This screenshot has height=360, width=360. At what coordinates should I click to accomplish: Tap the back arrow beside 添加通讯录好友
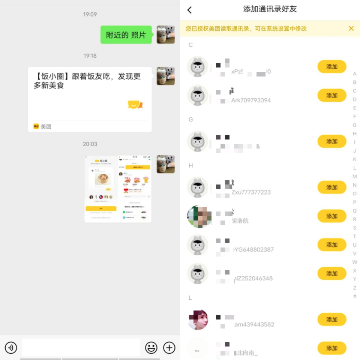point(190,10)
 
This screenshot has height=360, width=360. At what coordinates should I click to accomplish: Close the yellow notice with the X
point(351,28)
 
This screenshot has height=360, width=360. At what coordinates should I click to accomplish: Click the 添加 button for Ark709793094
point(331,96)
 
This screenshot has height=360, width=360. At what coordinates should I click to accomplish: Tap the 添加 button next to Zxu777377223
point(331,187)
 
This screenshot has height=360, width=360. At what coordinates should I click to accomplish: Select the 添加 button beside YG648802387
point(331,245)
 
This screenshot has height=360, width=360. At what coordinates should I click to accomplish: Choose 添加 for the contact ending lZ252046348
point(331,274)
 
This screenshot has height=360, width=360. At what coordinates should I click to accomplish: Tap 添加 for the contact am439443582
point(331,320)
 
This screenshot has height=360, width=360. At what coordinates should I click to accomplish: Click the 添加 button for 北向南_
point(331,348)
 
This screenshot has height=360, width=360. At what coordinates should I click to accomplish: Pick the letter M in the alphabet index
point(354,177)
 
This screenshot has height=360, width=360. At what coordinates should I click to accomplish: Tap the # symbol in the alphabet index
point(354,297)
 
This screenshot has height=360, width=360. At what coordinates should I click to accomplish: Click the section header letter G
point(191,120)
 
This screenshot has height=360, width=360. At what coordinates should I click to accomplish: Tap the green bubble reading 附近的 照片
point(126,35)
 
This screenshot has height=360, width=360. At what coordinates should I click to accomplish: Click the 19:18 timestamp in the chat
point(90,56)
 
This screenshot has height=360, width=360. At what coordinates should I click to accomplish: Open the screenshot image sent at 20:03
point(118,189)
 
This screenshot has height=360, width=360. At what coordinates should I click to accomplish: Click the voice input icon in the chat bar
point(11,348)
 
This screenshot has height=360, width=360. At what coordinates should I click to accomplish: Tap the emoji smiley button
point(151,348)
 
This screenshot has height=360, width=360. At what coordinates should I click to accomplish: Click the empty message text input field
point(81,348)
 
